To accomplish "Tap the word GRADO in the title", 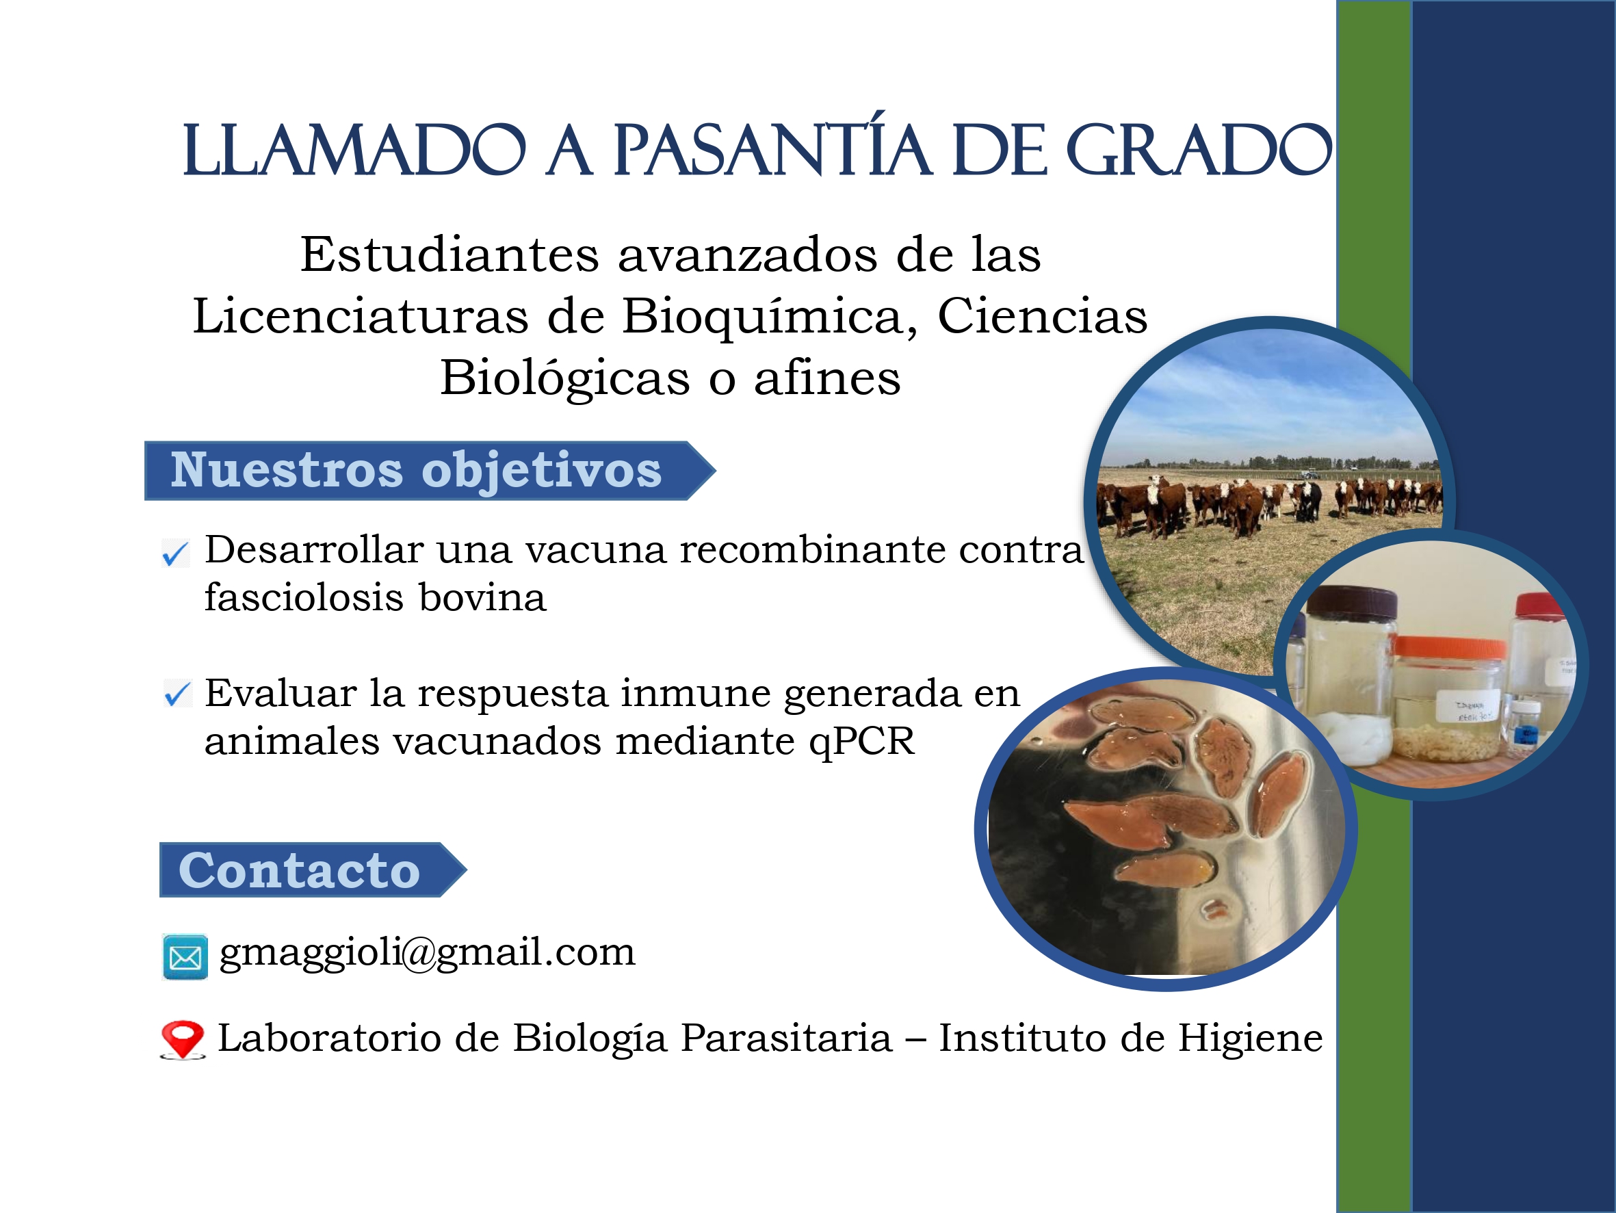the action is (x=1199, y=149).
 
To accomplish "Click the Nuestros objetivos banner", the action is (x=430, y=471).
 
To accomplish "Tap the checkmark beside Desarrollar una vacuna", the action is (x=175, y=553).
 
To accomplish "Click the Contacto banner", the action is (x=313, y=870).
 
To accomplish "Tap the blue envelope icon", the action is (x=185, y=956).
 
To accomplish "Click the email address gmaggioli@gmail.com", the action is (x=428, y=953).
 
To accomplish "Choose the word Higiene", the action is (x=1250, y=1038).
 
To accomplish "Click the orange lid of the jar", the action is (x=1451, y=647).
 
